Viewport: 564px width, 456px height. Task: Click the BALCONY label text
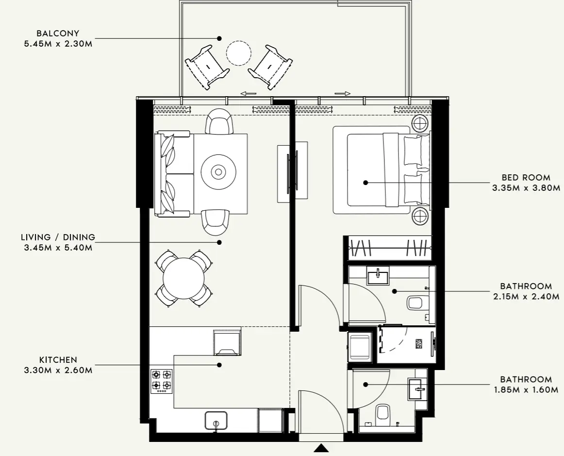click(x=57, y=34)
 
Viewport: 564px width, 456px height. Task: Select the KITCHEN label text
click(x=58, y=360)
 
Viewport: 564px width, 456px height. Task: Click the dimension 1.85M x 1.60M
click(x=526, y=389)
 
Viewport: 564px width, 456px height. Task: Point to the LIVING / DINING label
click(x=58, y=237)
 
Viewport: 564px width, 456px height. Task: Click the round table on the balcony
click(x=239, y=53)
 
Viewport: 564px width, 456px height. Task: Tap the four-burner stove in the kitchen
click(x=161, y=381)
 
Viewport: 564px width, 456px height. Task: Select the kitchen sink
click(x=216, y=420)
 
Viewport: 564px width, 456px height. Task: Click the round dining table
click(x=183, y=278)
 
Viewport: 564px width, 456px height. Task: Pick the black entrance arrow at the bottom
click(x=321, y=448)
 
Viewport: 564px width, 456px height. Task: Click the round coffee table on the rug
click(x=218, y=171)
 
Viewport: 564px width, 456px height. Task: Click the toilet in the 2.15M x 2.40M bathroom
click(x=416, y=304)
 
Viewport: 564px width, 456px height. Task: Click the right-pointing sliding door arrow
click(x=342, y=93)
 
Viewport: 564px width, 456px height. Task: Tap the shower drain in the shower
click(x=419, y=343)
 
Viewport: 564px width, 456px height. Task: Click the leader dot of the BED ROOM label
click(x=366, y=183)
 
